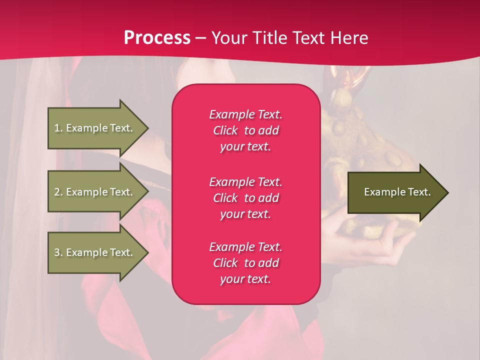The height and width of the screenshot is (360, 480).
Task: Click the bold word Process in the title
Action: click(x=157, y=38)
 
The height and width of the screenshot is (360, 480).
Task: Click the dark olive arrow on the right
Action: click(x=395, y=192)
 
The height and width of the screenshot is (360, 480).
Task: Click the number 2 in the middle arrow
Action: click(x=56, y=192)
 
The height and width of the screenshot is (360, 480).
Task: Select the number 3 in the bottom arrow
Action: click(x=56, y=252)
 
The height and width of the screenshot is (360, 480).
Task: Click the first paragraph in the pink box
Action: click(x=245, y=130)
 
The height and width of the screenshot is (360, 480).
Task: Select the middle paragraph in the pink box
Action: click(x=245, y=198)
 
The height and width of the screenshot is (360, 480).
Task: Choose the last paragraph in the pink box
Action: click(x=245, y=263)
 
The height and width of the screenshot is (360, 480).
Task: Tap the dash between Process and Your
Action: click(x=201, y=38)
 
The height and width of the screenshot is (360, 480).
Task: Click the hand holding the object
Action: click(x=380, y=245)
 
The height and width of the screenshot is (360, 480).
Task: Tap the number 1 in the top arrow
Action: click(x=56, y=128)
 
